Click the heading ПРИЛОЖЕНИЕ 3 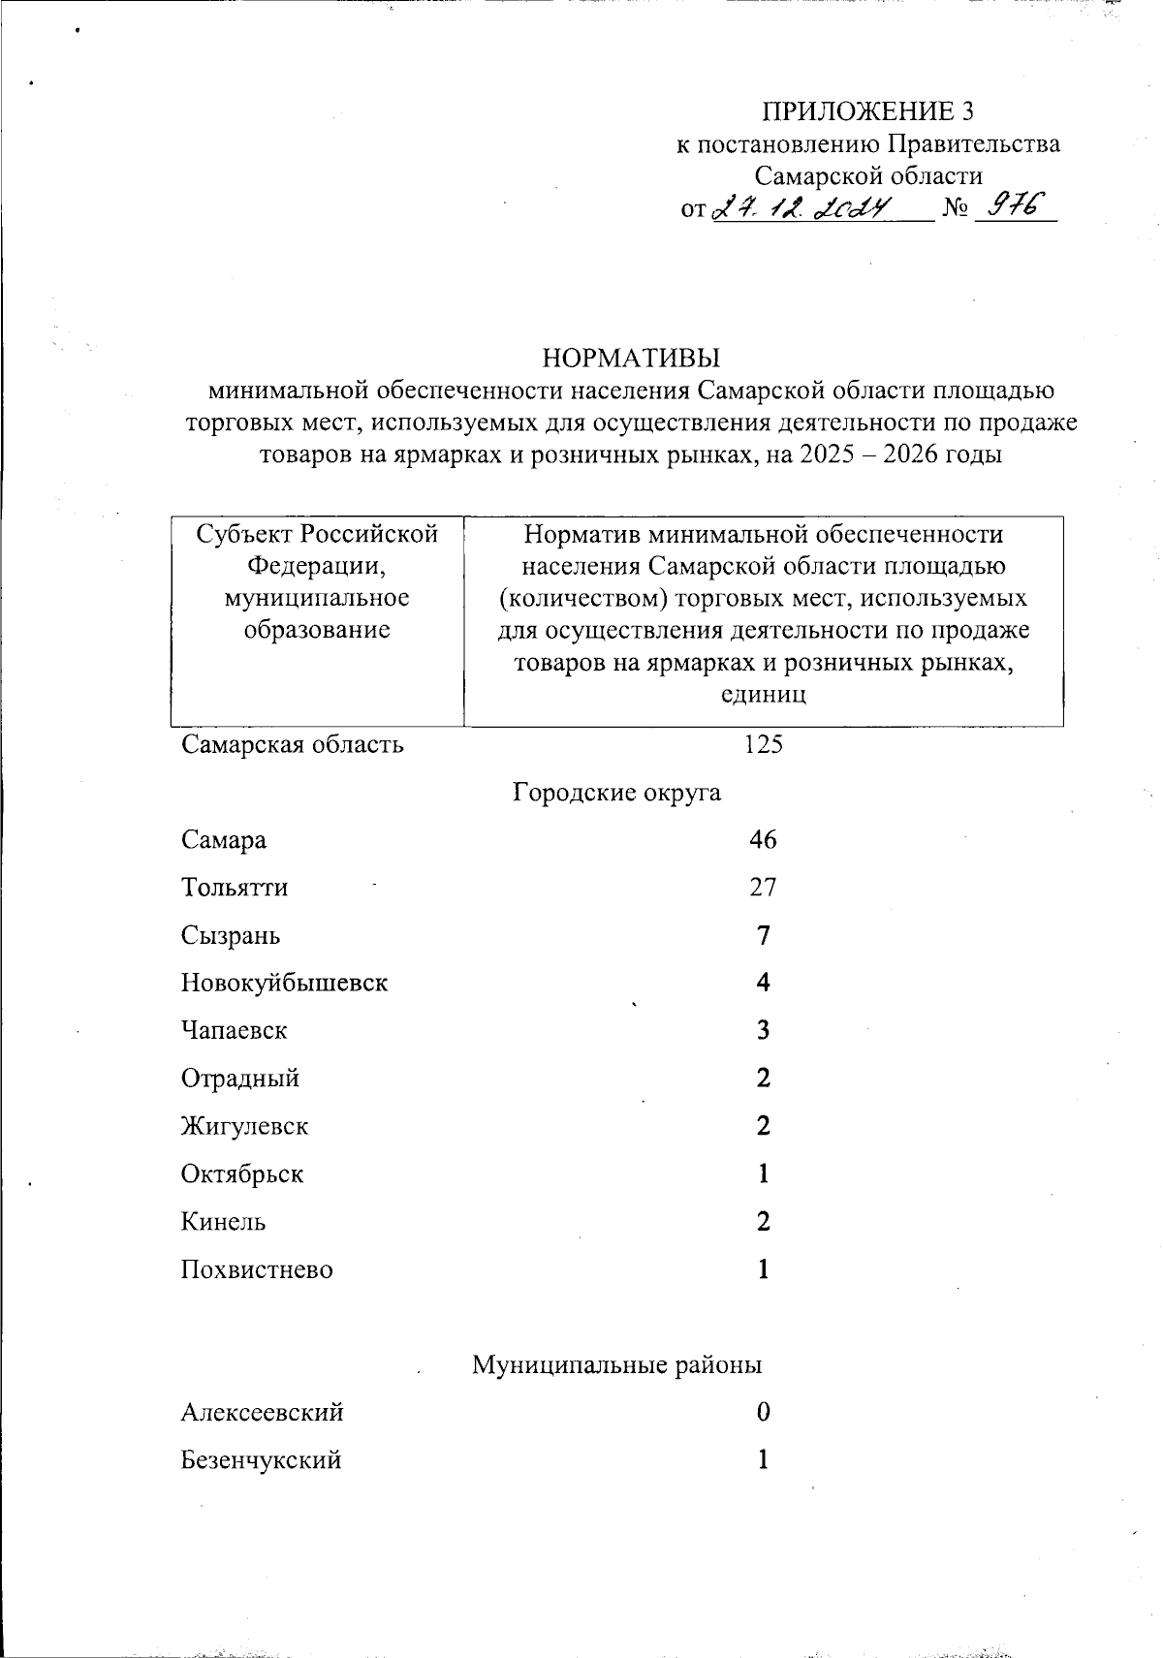coord(867,111)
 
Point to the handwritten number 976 coord(1012,205)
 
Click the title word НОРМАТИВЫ coord(631,358)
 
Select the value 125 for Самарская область coord(763,745)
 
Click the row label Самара coord(223,840)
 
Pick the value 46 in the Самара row coord(763,840)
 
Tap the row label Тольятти coord(234,888)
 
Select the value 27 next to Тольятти coord(763,888)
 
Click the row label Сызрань coord(231,936)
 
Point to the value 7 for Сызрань coord(764,936)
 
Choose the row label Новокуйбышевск coord(284,983)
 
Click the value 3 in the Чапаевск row coord(764,1030)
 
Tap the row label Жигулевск coord(244,1126)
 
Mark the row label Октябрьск coord(241,1174)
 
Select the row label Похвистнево coord(256,1269)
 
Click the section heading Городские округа coord(616,793)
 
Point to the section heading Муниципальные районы coord(616,1365)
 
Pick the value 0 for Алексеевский coord(764,1413)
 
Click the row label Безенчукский coord(261,1460)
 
